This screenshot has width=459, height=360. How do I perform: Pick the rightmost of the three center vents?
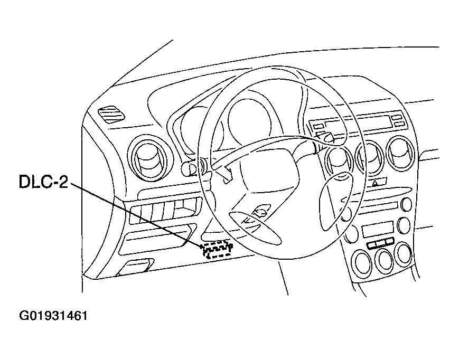[x=401, y=150]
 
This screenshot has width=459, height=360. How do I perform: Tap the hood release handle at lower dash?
[x=136, y=266]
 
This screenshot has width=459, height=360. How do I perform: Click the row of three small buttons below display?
[x=380, y=243]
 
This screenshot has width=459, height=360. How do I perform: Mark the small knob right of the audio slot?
[x=406, y=205]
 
